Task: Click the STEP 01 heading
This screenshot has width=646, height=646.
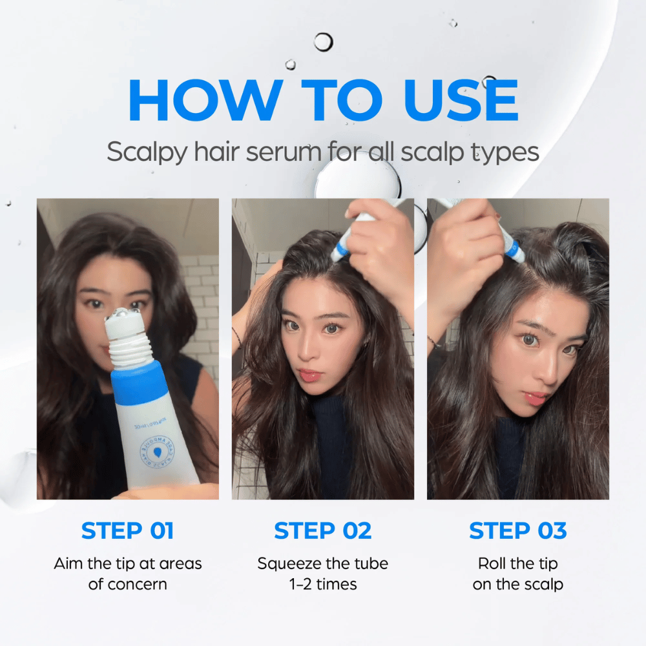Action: pyautogui.click(x=127, y=530)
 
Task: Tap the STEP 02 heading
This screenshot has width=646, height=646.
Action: pyautogui.click(x=322, y=530)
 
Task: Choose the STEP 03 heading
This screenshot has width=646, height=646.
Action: pyautogui.click(x=517, y=530)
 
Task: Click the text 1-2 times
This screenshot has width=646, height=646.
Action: pyautogui.click(x=322, y=584)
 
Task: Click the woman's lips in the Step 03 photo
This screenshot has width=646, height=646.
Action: pyautogui.click(x=536, y=397)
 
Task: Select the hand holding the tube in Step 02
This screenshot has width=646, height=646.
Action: pyautogui.click(x=381, y=239)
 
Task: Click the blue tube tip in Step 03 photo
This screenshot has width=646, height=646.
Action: pyautogui.click(x=514, y=251)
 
